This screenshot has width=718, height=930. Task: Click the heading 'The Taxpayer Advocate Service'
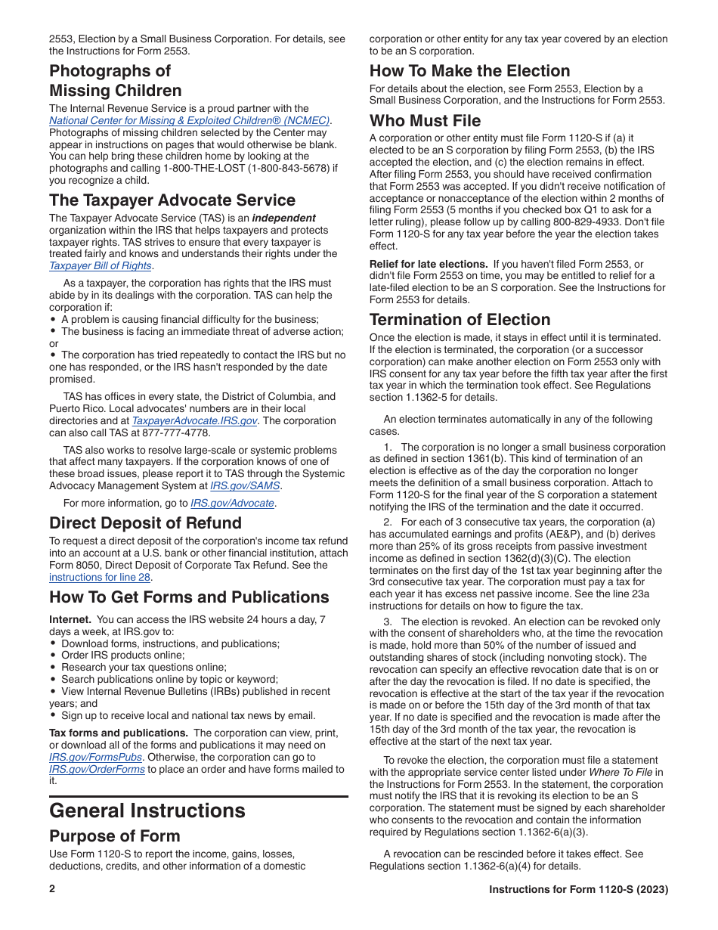[x=172, y=200]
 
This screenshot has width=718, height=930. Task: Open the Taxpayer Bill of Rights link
[x=101, y=266]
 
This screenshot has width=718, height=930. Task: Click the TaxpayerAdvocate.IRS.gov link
[x=195, y=421]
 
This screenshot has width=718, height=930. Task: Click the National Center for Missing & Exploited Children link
[x=190, y=121]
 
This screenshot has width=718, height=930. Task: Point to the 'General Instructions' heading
[x=147, y=811]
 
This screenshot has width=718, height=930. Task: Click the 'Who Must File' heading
[x=425, y=121]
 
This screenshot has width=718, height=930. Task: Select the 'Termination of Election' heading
[x=460, y=320]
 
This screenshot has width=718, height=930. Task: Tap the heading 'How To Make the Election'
[x=469, y=71]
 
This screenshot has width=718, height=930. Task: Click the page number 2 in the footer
[x=52, y=889]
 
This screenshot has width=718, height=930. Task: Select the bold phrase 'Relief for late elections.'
[x=429, y=264]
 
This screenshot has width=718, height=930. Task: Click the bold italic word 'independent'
[x=283, y=218]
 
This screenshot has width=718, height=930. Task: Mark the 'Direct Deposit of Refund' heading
[x=145, y=523]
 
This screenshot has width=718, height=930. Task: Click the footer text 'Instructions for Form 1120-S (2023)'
[x=578, y=890]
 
